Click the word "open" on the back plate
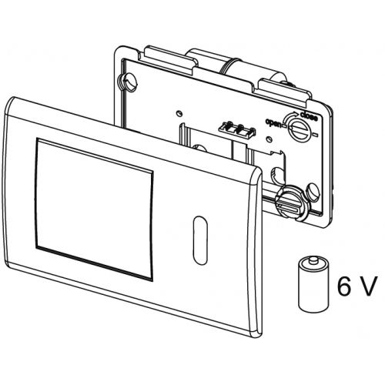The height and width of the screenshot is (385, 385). pyautogui.click(x=273, y=122)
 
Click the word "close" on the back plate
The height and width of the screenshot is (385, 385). pyautogui.click(x=309, y=115)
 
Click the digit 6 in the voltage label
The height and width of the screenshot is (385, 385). pyautogui.click(x=344, y=286)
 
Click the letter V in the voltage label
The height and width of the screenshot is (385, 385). pyautogui.click(x=368, y=286)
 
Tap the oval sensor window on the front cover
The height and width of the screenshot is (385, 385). pyautogui.click(x=200, y=240)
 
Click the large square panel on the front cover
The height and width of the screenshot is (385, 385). pyautogui.click(x=94, y=209)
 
